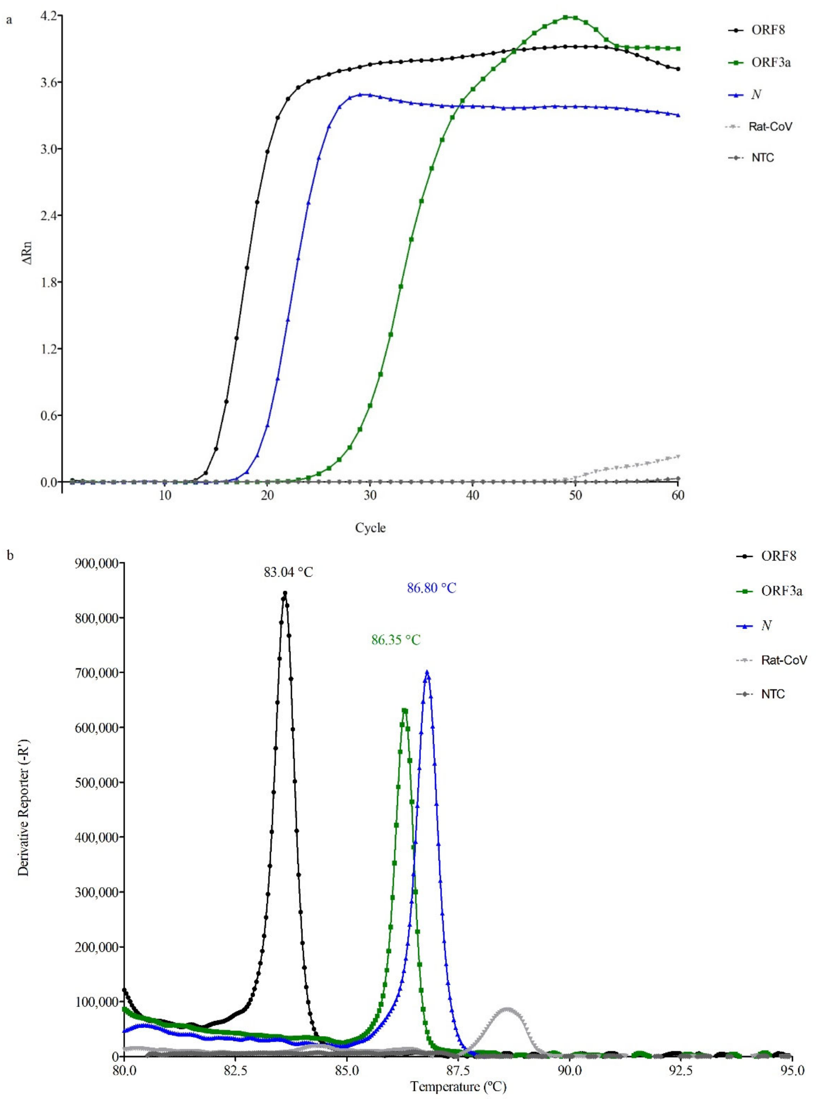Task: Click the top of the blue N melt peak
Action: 427,672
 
